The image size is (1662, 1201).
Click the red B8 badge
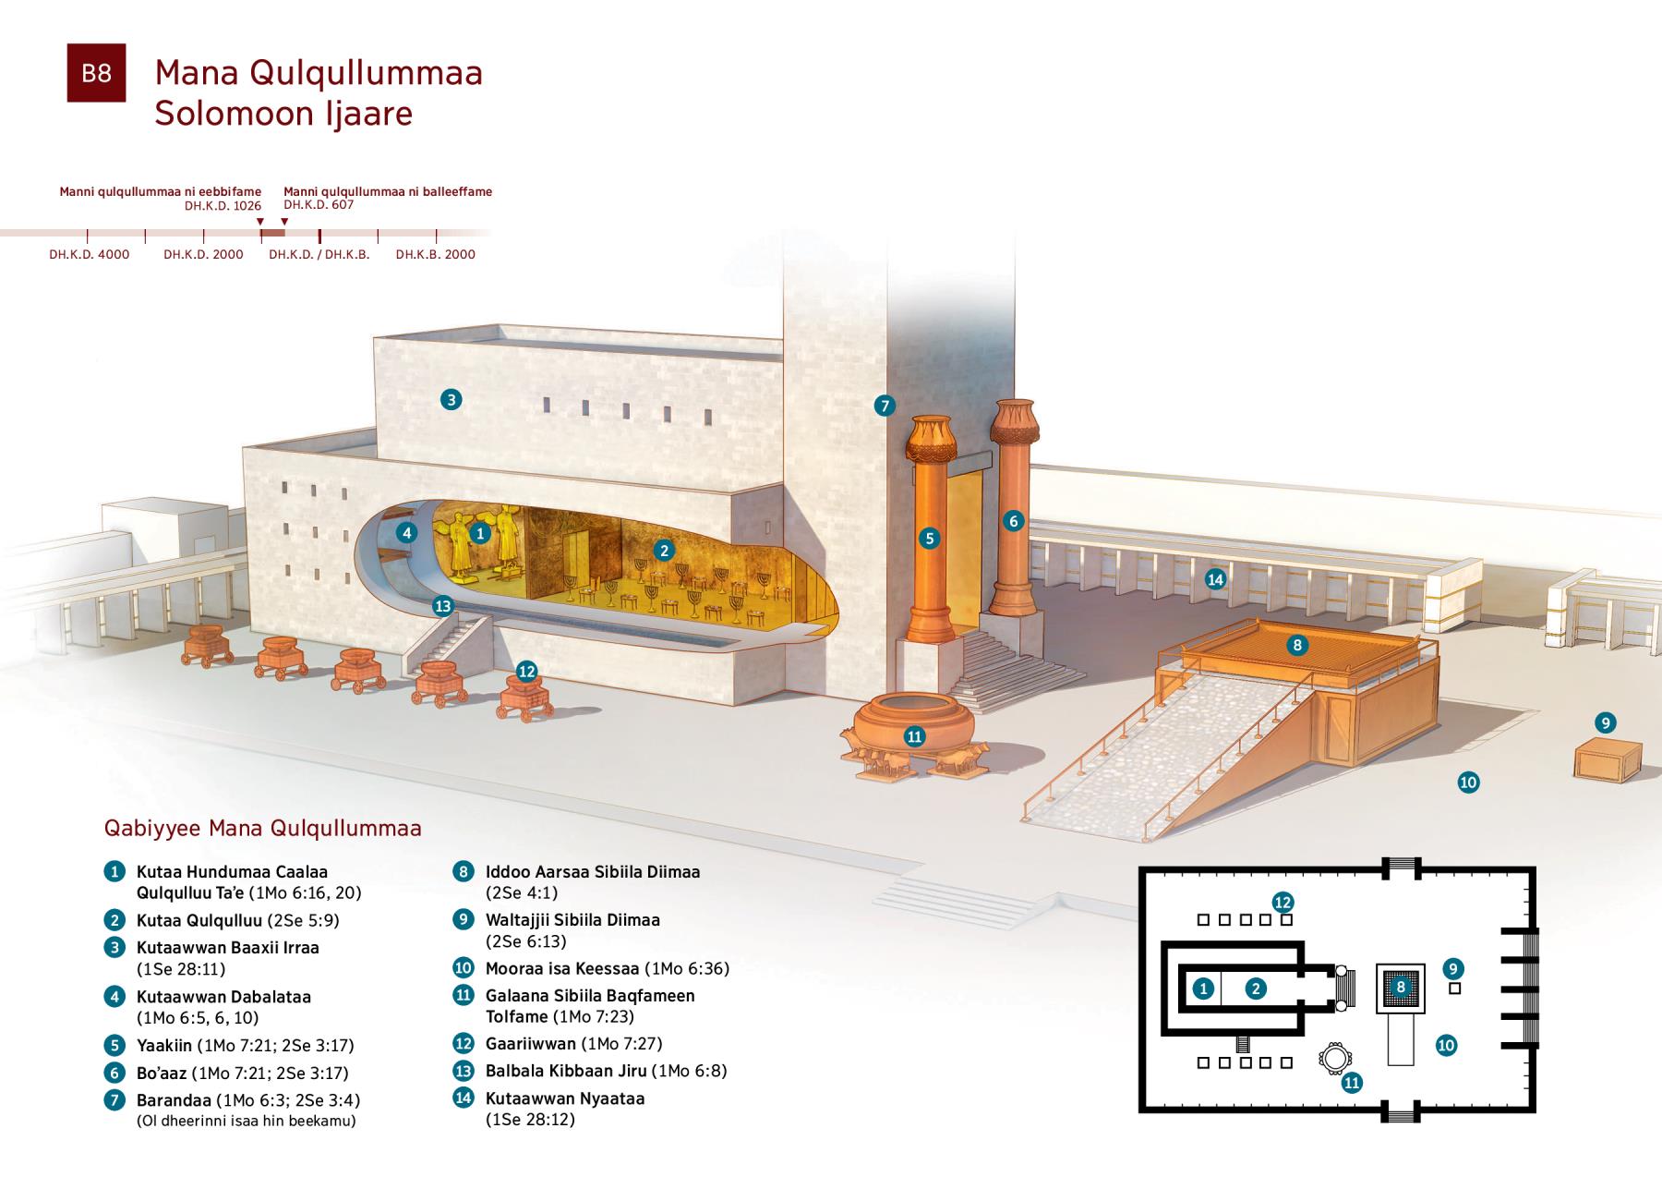tap(96, 72)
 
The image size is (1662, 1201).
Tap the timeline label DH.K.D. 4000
tap(90, 254)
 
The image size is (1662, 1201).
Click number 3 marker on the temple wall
tap(451, 399)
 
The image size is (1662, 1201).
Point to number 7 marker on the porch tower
tap(885, 405)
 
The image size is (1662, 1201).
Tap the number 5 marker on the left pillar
tap(929, 539)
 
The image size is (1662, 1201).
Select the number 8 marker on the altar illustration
tap(1297, 645)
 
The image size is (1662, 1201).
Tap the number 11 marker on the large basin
tap(914, 736)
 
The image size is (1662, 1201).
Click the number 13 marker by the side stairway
tap(443, 606)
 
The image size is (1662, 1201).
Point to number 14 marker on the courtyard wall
tap(1215, 579)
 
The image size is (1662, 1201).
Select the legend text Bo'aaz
tap(162, 1074)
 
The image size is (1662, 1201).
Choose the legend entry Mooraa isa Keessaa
tap(562, 969)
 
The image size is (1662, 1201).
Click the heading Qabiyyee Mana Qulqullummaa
tap(263, 828)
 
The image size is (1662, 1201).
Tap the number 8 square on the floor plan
tap(1401, 988)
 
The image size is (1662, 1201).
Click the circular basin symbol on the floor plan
tap(1334, 1059)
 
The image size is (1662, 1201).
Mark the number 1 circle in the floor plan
tap(1202, 989)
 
